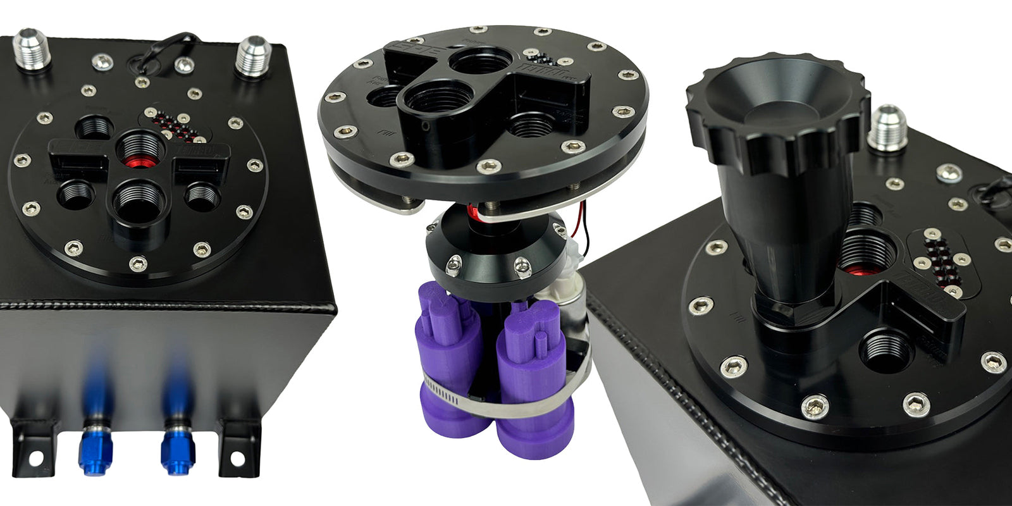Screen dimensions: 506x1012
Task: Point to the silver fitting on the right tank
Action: [887, 130]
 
